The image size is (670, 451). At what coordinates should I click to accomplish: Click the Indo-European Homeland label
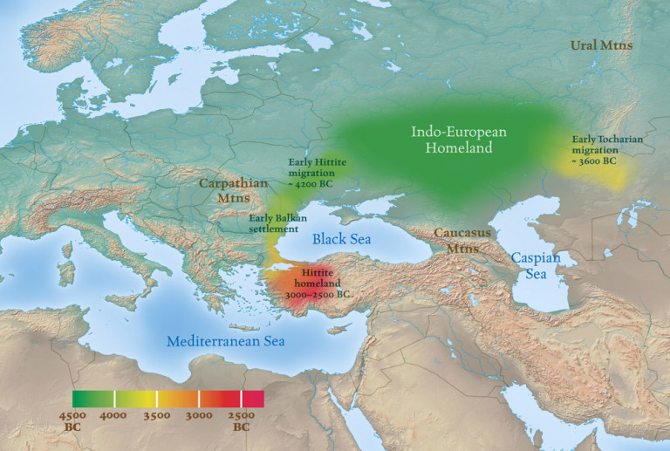click(459, 140)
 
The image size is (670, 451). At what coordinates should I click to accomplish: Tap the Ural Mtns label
click(603, 45)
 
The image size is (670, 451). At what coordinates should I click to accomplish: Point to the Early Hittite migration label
click(317, 173)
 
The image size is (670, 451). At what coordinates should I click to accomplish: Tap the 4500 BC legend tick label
click(73, 420)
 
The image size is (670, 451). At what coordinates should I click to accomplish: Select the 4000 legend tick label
click(115, 416)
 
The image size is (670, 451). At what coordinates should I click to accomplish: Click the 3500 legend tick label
click(157, 416)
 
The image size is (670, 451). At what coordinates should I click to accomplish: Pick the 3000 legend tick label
click(199, 416)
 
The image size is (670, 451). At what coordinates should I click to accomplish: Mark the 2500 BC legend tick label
click(242, 420)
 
